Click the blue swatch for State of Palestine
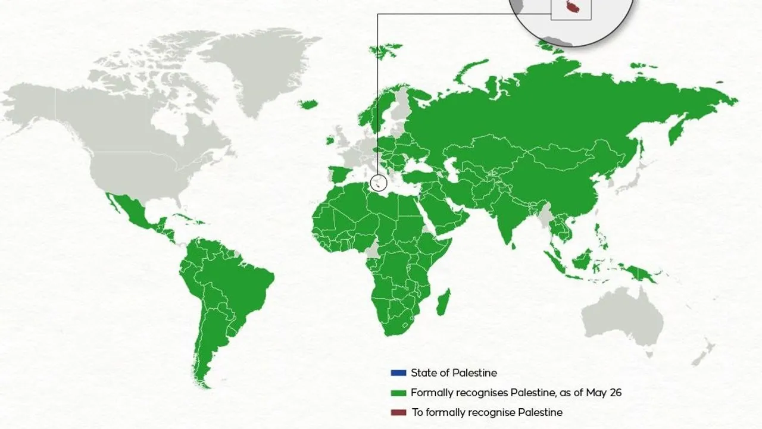398,373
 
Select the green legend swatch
398,393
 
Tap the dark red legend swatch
398,412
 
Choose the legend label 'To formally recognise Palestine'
486,412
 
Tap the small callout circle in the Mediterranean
378,183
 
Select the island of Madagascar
444,302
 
